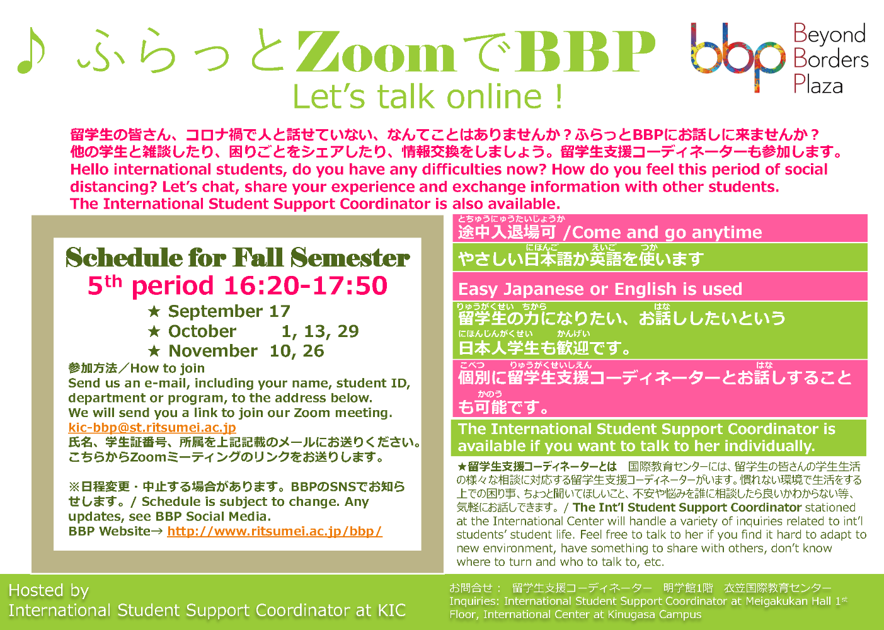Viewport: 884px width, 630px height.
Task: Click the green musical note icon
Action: click(x=32, y=50)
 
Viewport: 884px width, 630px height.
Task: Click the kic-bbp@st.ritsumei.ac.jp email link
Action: click(x=152, y=428)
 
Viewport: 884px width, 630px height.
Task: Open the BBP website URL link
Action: click(x=274, y=531)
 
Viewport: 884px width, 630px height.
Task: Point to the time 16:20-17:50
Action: click(x=306, y=285)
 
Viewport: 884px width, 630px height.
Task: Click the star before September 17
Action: click(x=154, y=312)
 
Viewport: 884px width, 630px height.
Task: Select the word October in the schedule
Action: click(x=202, y=331)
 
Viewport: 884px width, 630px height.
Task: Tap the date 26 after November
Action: click(x=313, y=351)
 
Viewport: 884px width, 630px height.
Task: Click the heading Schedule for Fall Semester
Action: click(x=238, y=258)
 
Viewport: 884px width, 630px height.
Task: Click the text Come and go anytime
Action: click(x=667, y=232)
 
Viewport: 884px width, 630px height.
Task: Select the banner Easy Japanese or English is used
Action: click(x=600, y=289)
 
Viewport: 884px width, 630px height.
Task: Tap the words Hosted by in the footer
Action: click(x=49, y=590)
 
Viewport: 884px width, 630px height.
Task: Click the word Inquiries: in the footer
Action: click(x=474, y=601)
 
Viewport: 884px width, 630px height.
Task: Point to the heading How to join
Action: click(x=168, y=369)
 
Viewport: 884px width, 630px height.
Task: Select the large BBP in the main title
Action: click(x=587, y=52)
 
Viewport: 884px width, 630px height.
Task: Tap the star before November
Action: click(x=154, y=351)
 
